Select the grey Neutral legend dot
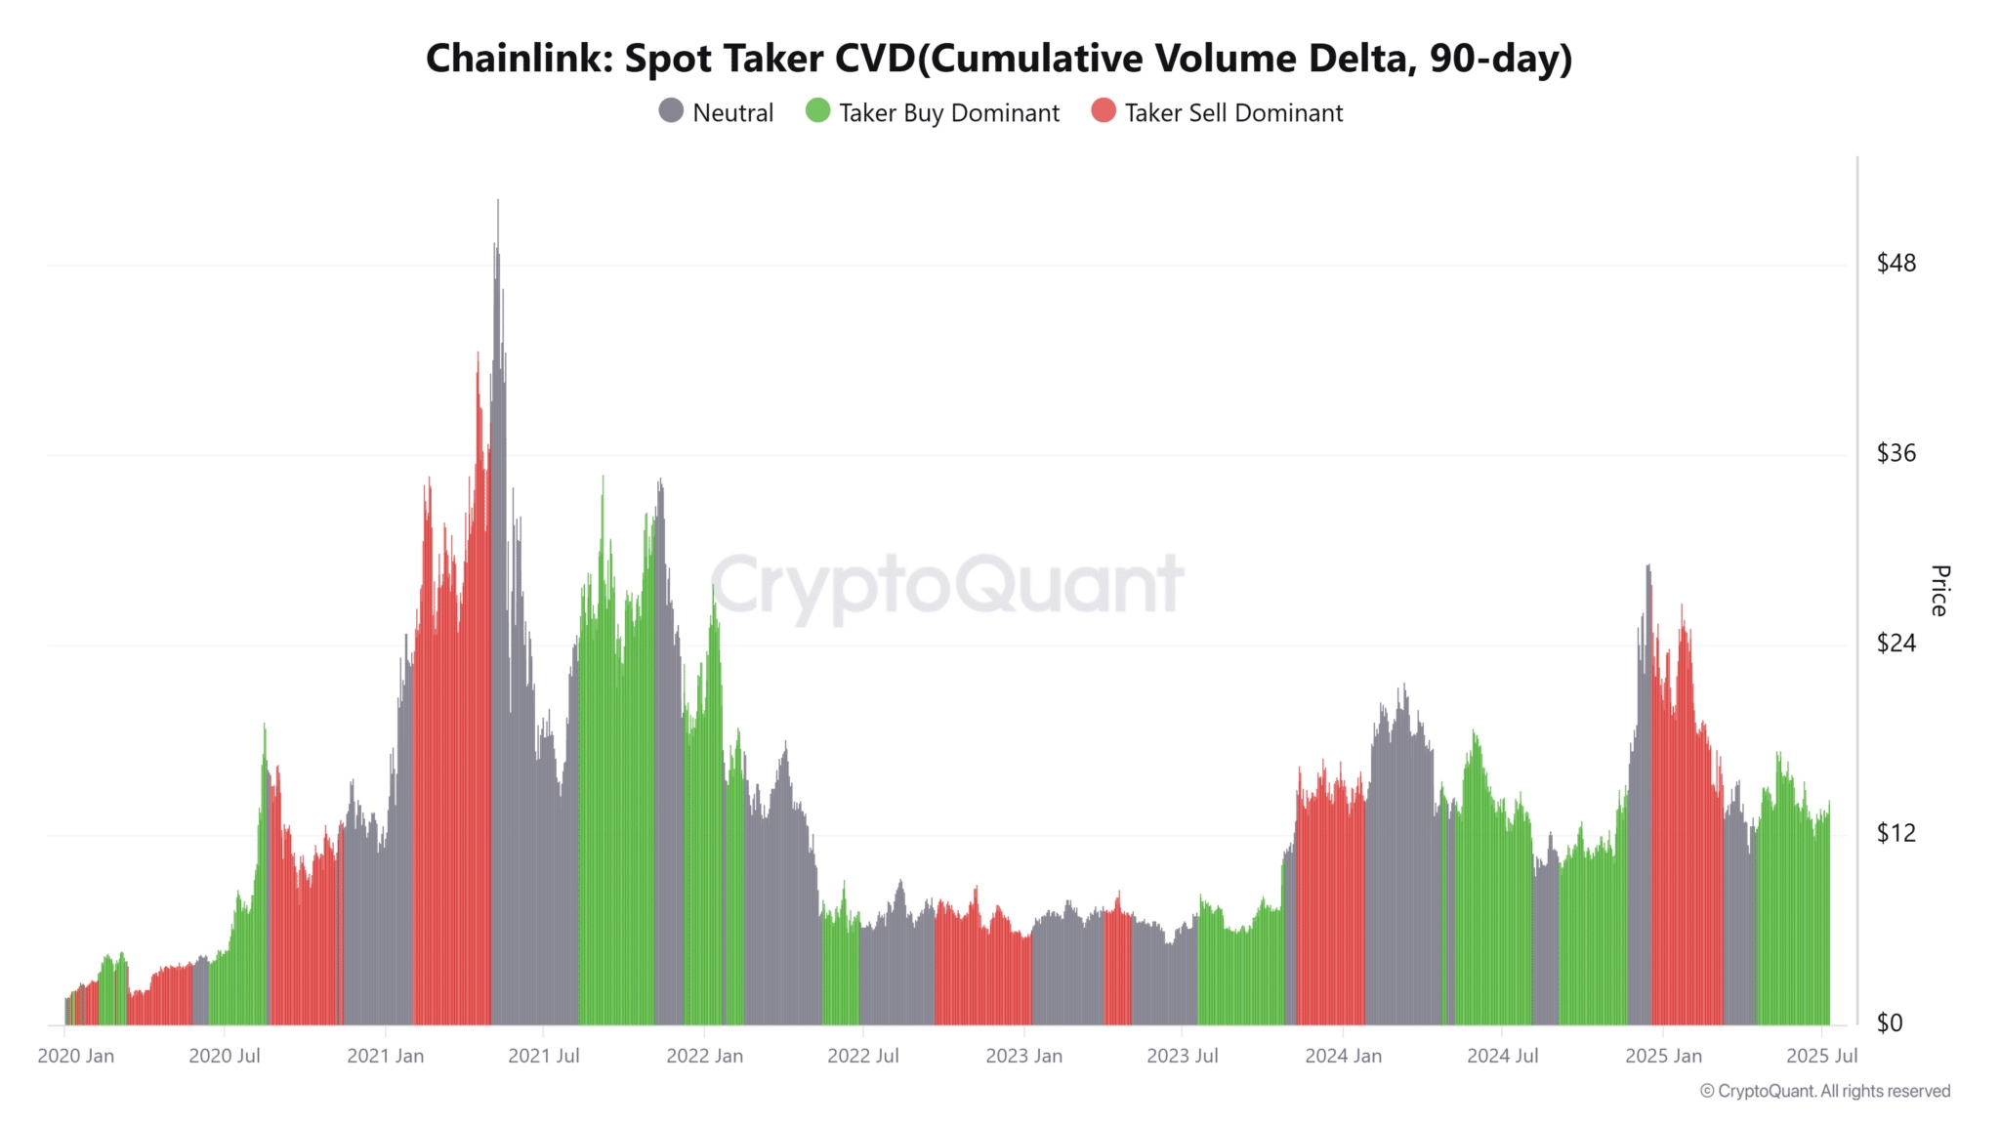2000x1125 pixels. (671, 110)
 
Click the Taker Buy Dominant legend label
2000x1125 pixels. (948, 113)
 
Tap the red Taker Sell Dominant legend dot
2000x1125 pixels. (1104, 110)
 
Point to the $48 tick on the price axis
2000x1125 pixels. (1896, 264)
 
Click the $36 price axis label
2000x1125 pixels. (1896, 453)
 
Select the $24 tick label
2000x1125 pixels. (1896, 643)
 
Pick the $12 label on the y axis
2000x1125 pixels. (1896, 833)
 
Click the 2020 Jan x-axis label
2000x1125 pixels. (76, 1056)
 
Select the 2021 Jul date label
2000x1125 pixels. (544, 1056)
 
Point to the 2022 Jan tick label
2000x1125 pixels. (704, 1056)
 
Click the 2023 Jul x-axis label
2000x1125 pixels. (1182, 1056)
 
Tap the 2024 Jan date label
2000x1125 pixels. (1343, 1056)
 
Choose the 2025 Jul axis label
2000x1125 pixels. (1821, 1056)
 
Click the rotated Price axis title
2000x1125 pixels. (1939, 590)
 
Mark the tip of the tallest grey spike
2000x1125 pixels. (498, 201)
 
